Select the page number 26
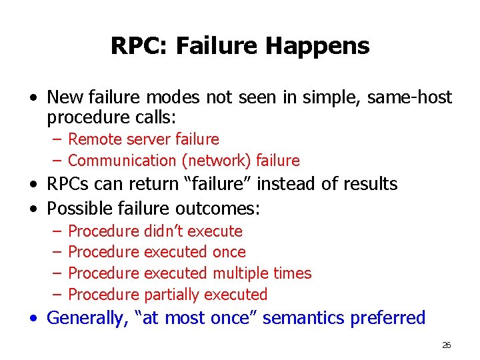pyautogui.click(x=446, y=345)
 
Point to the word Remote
pyautogui.click(x=93, y=139)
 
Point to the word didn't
pyautogui.click(x=165, y=231)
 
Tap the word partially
pyautogui.click(x=172, y=295)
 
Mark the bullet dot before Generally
pyautogui.click(x=34, y=319)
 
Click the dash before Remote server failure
pyautogui.click(x=58, y=139)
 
